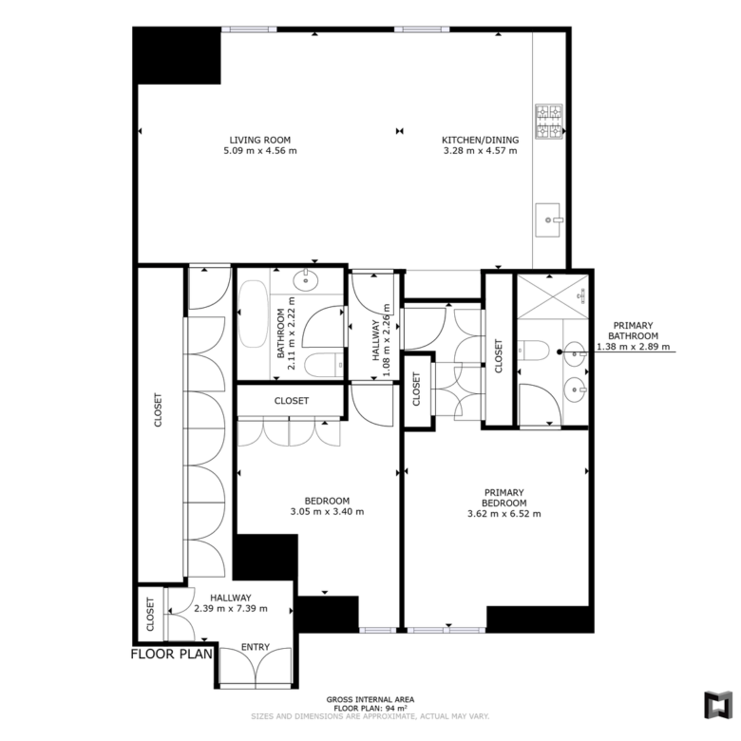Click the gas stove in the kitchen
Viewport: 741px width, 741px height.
point(549,121)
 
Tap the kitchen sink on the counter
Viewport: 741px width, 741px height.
point(549,219)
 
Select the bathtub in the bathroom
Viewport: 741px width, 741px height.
point(254,313)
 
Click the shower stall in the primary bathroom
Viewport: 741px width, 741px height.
point(553,296)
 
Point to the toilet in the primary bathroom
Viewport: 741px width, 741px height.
point(533,351)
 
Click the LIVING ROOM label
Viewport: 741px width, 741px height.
point(260,140)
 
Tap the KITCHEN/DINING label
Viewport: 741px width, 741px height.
point(480,140)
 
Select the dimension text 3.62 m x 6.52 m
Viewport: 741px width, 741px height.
point(504,514)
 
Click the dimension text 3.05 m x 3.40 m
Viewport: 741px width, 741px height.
point(327,511)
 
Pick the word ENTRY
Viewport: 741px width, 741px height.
point(256,647)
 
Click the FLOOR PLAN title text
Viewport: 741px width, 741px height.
point(172,654)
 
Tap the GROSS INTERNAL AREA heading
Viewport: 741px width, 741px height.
point(370,699)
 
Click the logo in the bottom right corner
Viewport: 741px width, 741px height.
point(718,706)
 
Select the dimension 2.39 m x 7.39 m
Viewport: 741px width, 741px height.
point(231,609)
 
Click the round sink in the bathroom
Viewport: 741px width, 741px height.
point(306,279)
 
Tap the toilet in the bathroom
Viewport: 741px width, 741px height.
point(324,365)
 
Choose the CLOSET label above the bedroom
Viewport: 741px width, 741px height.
point(291,401)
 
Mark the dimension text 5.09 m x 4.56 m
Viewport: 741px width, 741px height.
point(260,151)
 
